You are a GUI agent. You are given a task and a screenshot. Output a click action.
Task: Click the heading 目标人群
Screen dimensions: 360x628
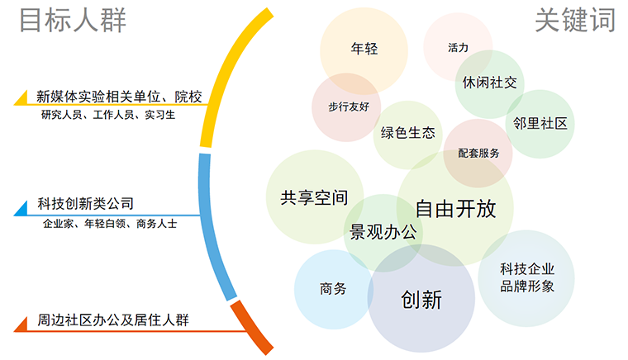[73, 20]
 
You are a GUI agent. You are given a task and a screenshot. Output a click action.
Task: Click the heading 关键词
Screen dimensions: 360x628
[575, 20]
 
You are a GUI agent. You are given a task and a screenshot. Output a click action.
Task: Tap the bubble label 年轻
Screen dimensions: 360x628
[364, 49]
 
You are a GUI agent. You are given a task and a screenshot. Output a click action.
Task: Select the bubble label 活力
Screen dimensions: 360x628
[458, 48]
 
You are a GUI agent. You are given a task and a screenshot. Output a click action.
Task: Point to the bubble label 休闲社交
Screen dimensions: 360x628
[489, 83]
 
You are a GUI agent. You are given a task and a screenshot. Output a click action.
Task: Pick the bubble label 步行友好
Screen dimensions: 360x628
[346, 107]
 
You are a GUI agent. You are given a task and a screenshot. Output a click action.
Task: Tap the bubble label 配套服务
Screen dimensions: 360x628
[478, 153]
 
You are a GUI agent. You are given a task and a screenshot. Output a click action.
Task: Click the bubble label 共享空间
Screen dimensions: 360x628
[313, 198]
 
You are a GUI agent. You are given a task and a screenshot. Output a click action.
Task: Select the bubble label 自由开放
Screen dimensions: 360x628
[455, 208]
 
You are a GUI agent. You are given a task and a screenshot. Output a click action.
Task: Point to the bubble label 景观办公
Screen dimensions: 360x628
[383, 231]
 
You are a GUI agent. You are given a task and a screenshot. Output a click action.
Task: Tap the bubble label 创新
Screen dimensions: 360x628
[421, 299]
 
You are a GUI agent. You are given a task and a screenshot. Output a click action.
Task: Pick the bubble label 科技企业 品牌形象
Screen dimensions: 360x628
[526, 277]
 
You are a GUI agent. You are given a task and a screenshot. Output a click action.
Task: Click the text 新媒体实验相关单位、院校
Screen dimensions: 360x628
[120, 97]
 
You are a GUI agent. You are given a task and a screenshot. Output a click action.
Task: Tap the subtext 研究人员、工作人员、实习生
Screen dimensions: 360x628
[108, 116]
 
